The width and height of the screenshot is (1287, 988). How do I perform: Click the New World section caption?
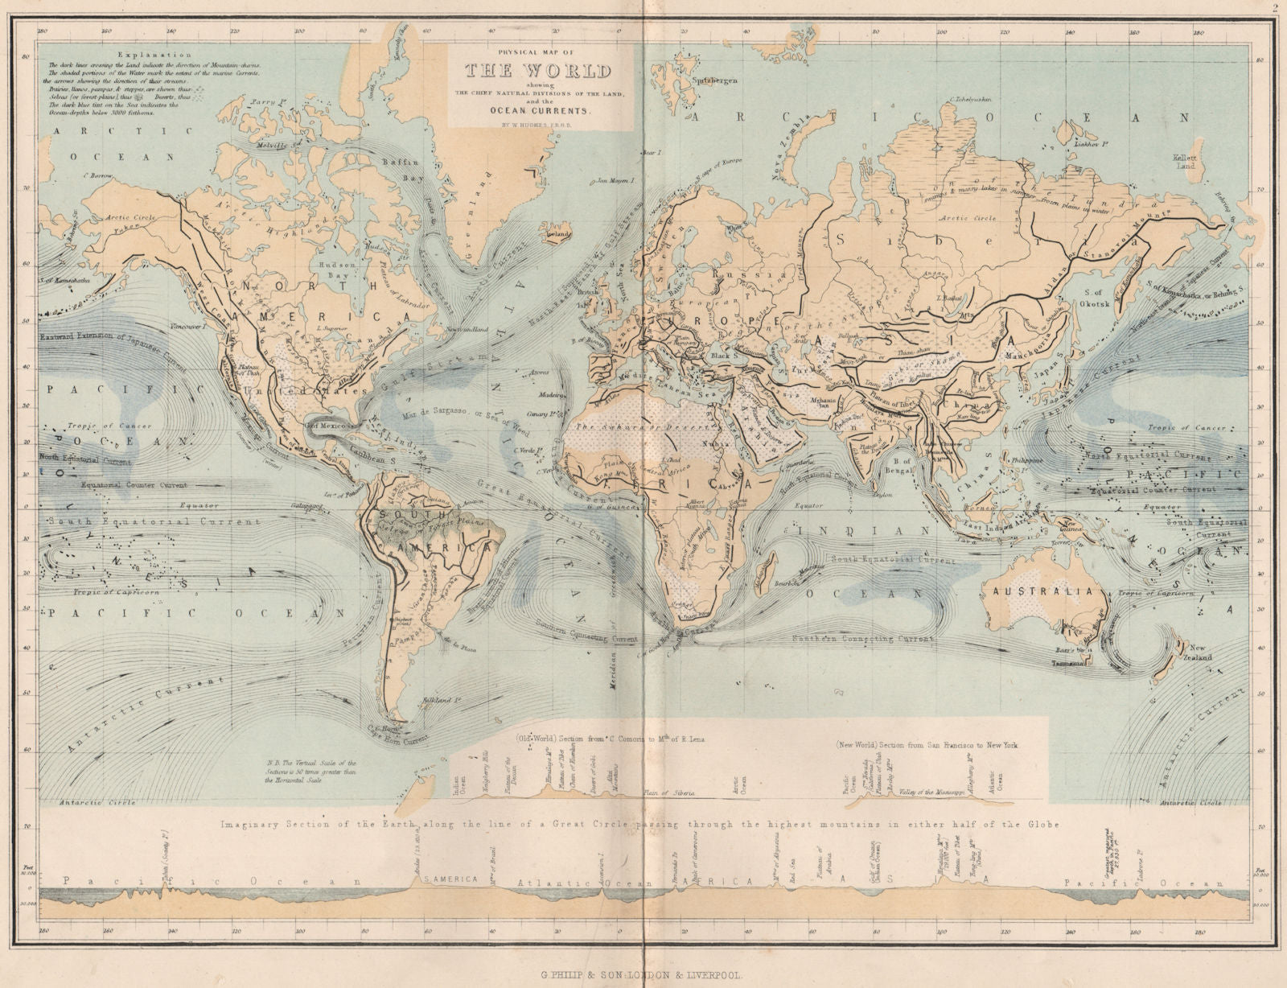pyautogui.click(x=927, y=745)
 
